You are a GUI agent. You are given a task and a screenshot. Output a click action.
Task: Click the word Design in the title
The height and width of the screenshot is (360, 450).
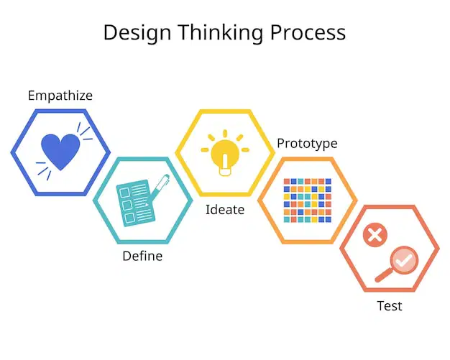pyautogui.click(x=137, y=33)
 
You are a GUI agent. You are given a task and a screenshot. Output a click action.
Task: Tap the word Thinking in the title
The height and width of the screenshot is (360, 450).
pyautogui.click(x=221, y=33)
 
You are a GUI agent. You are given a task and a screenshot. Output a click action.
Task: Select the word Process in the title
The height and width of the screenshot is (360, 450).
pyautogui.click(x=308, y=32)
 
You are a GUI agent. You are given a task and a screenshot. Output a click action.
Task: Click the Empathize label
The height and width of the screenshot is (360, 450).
pyautogui.click(x=60, y=96)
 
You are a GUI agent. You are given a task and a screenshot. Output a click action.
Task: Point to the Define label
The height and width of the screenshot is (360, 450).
pyautogui.click(x=142, y=256)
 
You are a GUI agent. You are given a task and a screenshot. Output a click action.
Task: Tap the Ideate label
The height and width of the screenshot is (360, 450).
pyautogui.click(x=225, y=210)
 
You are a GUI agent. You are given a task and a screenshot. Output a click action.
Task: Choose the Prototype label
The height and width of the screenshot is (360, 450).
pyautogui.click(x=307, y=144)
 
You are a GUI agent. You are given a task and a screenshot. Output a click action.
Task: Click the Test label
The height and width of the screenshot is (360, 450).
pyautogui.click(x=390, y=306)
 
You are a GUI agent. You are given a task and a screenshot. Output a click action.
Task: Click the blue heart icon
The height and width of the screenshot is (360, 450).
pyautogui.click(x=60, y=152)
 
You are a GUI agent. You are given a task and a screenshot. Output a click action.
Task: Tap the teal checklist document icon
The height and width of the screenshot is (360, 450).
pyautogui.click(x=134, y=203)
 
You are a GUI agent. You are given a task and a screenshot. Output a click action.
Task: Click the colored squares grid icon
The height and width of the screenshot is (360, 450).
pyautogui.click(x=308, y=200)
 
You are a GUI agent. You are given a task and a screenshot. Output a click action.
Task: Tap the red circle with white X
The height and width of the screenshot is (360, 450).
pyautogui.click(x=375, y=235)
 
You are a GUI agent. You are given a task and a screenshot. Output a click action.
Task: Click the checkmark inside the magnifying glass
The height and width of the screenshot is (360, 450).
pyautogui.click(x=404, y=261)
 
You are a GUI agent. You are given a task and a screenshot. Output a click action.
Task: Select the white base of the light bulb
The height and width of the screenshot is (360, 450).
pyautogui.click(x=225, y=172)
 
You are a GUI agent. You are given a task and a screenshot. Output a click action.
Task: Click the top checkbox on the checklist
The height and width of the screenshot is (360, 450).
pyautogui.click(x=124, y=193)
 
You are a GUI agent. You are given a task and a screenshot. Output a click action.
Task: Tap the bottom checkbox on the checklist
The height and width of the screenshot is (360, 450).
pyautogui.click(x=129, y=218)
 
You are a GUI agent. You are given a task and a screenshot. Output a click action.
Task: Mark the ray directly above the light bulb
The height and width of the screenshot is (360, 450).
pyautogui.click(x=225, y=134)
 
